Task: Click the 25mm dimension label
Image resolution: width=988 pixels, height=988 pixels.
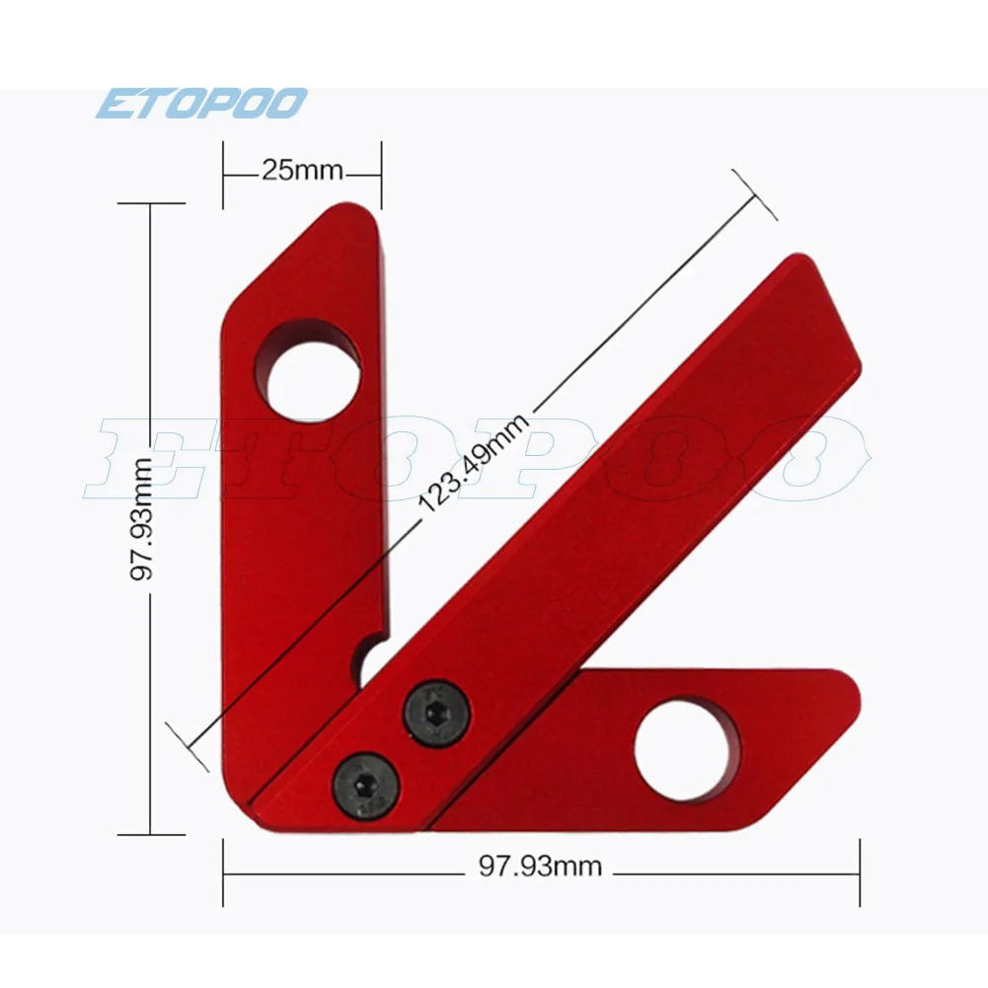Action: click(301, 171)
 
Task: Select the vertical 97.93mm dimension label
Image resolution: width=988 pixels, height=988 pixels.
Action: click(145, 519)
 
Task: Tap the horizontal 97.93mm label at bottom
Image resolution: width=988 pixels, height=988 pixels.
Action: click(540, 867)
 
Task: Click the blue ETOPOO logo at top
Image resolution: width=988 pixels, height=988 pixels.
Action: click(201, 104)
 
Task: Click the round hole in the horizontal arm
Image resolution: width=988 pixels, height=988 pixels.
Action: click(687, 751)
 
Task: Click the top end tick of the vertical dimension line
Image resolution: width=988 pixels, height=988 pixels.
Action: click(150, 203)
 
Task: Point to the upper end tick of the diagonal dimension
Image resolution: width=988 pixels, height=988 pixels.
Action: click(754, 193)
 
